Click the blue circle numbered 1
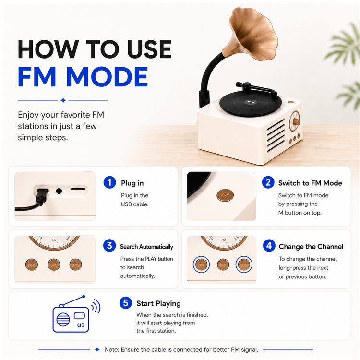point(109,182)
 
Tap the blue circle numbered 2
point(268,182)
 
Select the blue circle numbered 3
point(109,245)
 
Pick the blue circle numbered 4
point(269,245)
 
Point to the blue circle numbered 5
point(126,302)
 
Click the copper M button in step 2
point(225,195)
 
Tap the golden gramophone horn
point(251,35)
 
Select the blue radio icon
point(76,314)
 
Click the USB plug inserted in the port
point(42,195)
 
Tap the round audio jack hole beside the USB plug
point(59,191)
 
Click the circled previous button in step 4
point(201,264)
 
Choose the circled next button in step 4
point(244,264)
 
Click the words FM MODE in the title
point(83,77)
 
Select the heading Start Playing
point(158,303)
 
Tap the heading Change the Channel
point(311,246)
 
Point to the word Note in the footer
point(111,349)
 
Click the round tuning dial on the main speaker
point(295,121)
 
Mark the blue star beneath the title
point(63,100)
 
